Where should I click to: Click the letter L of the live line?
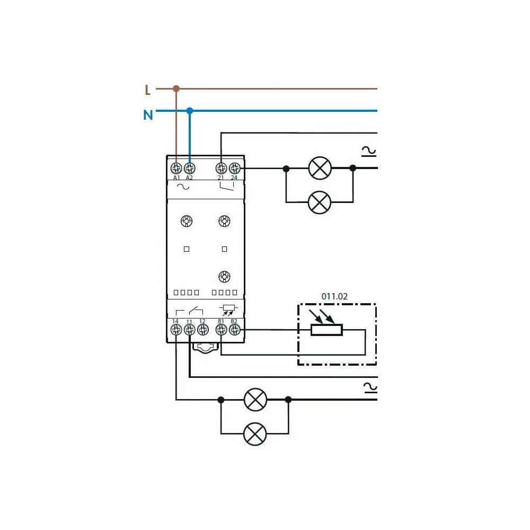click(147, 90)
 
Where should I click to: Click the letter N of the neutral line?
click(148, 114)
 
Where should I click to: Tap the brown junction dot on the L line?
click(176, 89)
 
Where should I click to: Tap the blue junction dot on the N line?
click(190, 111)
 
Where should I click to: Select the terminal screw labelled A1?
click(176, 169)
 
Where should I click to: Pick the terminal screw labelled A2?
click(189, 169)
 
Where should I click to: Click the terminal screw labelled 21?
click(221, 169)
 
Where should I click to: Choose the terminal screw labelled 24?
click(234, 169)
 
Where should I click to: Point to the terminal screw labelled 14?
click(176, 330)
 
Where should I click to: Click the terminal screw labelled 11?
click(189, 330)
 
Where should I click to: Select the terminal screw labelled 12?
click(202, 330)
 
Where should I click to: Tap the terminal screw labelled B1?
click(221, 330)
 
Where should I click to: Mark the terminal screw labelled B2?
click(234, 330)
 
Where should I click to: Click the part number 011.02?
click(334, 297)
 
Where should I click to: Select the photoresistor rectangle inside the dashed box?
click(326, 330)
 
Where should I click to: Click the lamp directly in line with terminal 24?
click(320, 169)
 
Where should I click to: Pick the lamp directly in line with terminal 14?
click(255, 400)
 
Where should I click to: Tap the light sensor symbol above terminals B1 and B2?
click(228, 309)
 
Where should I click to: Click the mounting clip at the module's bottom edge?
click(205, 348)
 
